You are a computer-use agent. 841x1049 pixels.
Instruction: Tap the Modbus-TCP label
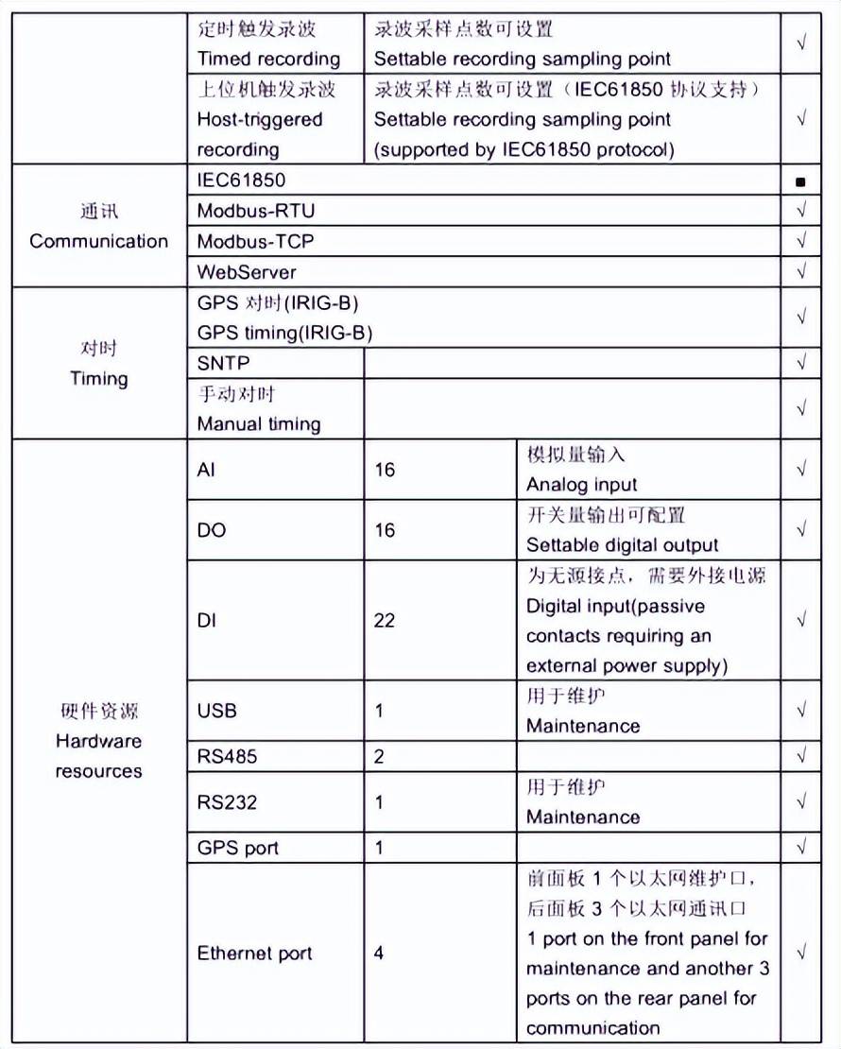255,241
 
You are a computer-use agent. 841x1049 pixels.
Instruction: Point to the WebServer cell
247,272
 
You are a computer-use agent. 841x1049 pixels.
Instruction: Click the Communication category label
98,241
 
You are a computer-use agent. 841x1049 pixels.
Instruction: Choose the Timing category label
98,378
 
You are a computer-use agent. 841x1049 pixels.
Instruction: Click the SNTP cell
224,363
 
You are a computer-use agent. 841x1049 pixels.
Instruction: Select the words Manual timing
259,424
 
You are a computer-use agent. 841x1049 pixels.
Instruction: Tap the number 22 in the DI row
385,621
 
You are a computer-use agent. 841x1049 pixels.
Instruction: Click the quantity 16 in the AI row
385,470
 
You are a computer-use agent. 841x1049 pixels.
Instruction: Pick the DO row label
212,530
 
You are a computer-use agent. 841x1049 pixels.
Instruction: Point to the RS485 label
227,757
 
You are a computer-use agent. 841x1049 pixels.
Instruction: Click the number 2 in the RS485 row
379,757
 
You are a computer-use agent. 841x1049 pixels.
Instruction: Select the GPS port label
238,848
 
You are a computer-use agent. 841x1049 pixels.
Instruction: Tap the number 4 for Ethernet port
379,953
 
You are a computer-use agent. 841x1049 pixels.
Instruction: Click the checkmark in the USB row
801,711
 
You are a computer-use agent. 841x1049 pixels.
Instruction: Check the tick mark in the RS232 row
801,801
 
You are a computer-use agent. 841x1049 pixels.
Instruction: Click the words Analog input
582,485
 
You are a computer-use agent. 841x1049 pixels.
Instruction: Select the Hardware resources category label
98,756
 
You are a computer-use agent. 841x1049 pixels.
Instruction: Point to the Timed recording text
268,59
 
